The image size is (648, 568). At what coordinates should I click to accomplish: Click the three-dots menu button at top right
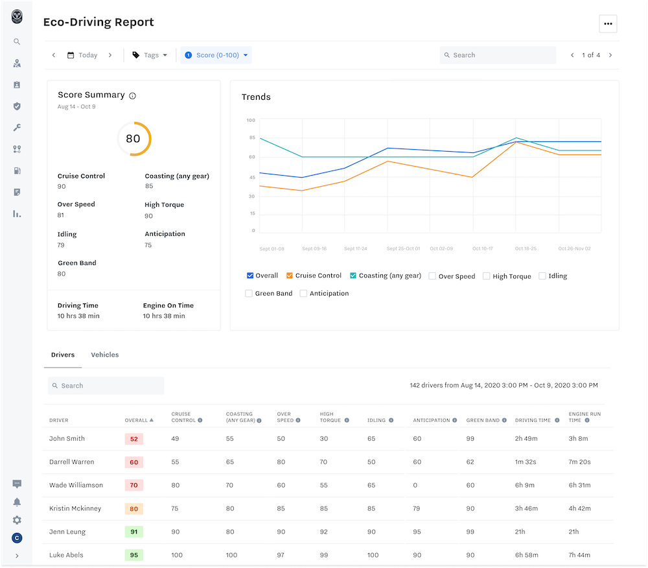coord(608,23)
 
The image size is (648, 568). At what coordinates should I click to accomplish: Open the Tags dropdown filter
coord(150,55)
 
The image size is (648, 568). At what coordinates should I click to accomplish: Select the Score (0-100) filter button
coord(216,55)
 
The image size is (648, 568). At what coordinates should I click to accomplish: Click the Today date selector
coord(82,55)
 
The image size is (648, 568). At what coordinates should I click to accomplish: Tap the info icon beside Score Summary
coord(132,96)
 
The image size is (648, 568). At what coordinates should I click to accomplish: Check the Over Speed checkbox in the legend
coord(432,276)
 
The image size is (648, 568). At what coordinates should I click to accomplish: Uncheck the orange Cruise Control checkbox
coord(290,276)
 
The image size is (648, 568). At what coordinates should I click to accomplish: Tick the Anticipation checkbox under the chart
coord(303,294)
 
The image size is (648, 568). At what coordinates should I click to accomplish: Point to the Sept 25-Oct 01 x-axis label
coord(403,248)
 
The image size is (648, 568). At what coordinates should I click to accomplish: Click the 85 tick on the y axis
coord(252,137)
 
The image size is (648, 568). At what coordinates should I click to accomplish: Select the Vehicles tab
coord(105,355)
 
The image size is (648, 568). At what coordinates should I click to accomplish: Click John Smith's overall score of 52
coord(134,439)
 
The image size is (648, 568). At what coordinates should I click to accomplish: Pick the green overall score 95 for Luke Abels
coord(134,555)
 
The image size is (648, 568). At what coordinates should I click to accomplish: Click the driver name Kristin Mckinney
coord(75,508)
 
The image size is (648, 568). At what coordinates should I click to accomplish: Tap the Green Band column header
coord(483,420)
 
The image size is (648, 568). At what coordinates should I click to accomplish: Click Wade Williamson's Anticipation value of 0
coord(415,485)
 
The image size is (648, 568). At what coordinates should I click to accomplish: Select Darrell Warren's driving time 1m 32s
coord(526,462)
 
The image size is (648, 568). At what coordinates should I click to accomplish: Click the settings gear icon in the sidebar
coord(17,520)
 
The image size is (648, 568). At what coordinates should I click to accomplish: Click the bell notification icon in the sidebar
coord(17,502)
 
